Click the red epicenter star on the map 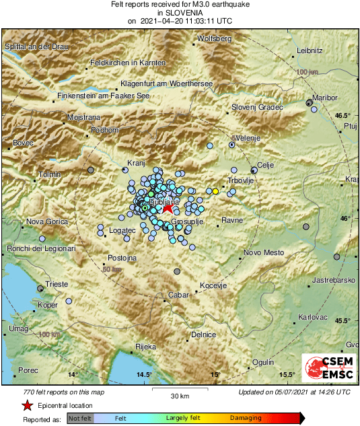pos(168,210)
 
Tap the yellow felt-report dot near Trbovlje pos(215,191)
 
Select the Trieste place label pos(57,285)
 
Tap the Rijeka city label pos(146,347)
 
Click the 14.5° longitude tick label pos(143,374)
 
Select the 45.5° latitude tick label pos(343,320)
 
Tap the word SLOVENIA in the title pos(180,12)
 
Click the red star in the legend pos(27,405)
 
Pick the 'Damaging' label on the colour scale pos(246,419)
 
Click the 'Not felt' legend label pos(80,419)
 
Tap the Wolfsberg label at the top pos(215,38)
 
